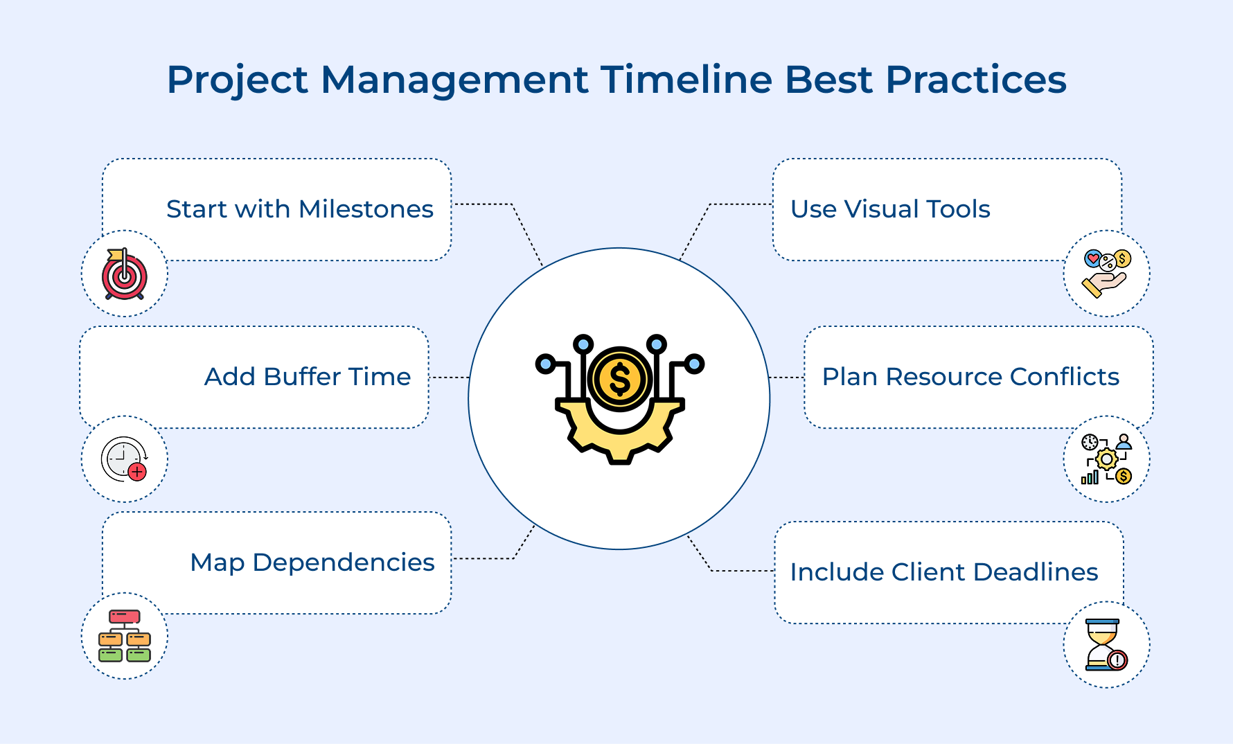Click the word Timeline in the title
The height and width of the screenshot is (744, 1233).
(x=686, y=80)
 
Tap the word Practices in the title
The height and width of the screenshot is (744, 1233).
(x=976, y=80)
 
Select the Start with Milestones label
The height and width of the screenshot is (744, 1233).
(x=299, y=209)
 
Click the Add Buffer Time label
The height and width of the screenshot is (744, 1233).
(x=307, y=377)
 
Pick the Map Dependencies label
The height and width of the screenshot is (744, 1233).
(x=312, y=563)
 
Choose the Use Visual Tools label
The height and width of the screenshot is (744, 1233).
(x=890, y=209)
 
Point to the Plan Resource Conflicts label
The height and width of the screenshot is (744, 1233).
(x=970, y=377)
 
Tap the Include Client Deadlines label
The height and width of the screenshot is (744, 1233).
(x=943, y=572)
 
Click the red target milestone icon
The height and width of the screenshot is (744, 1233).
(x=125, y=274)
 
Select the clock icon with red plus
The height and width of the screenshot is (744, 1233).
(x=123, y=459)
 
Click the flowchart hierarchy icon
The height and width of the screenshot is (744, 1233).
(x=125, y=636)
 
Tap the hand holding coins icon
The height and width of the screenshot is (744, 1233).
(x=1106, y=274)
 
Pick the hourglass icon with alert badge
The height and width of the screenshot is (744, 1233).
(x=1106, y=644)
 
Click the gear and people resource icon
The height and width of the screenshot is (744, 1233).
(x=1106, y=459)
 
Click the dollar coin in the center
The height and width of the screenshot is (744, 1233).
(x=619, y=380)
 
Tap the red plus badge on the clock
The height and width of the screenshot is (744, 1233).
(x=138, y=472)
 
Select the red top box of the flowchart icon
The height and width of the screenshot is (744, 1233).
(x=125, y=617)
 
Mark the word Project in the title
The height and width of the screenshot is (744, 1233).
(x=237, y=80)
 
